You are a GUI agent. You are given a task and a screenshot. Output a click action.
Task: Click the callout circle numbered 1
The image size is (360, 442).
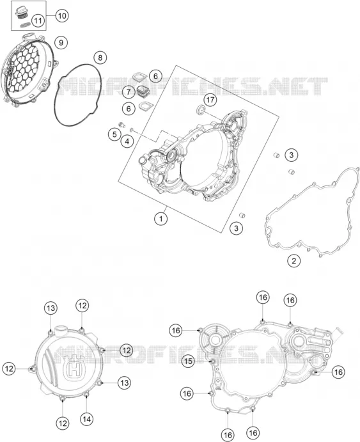click(x=161, y=219)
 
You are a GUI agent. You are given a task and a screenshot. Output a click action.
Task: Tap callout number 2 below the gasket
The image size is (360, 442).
click(x=293, y=261)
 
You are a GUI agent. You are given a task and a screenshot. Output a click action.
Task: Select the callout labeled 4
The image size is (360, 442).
click(x=127, y=141)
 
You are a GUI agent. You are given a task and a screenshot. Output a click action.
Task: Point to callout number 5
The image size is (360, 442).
click(x=114, y=134)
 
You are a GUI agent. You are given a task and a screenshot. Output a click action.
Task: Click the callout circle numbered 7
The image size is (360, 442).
click(x=129, y=92)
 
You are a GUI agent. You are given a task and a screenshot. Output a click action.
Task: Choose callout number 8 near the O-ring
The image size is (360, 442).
click(x=100, y=58)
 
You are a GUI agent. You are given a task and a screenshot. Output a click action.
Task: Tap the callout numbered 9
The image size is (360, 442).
click(x=61, y=43)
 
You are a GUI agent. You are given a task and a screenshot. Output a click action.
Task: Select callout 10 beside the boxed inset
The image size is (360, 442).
click(x=61, y=15)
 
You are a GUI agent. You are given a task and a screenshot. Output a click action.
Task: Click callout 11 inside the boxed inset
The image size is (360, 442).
click(x=38, y=20)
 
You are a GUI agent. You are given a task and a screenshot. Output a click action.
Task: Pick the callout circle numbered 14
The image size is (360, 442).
click(x=87, y=419)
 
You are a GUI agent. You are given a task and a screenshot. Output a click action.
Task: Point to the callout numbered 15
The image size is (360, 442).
click(x=188, y=361)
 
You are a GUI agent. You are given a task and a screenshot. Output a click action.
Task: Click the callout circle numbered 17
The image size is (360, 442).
click(x=210, y=100)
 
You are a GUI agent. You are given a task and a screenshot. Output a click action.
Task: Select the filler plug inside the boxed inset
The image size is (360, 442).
click(x=21, y=13)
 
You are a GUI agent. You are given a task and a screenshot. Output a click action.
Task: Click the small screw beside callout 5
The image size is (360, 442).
click(x=122, y=124)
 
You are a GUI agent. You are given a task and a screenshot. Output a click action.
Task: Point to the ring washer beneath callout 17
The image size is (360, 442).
click(x=201, y=109)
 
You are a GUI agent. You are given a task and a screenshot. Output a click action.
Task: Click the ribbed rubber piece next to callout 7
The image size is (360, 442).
click(x=142, y=91)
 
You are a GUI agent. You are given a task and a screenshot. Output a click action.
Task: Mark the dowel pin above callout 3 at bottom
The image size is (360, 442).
click(x=242, y=216)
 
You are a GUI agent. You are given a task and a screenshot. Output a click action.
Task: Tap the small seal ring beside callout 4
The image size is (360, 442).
click(x=132, y=130)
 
